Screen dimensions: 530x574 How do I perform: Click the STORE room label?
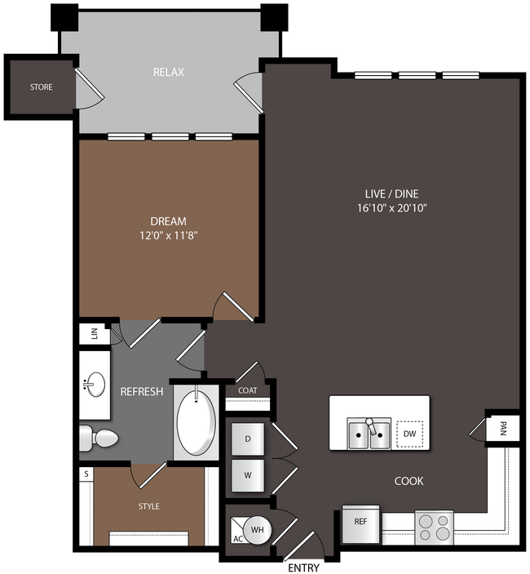pyautogui.click(x=42, y=87)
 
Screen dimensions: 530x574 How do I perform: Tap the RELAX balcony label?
pyautogui.click(x=169, y=72)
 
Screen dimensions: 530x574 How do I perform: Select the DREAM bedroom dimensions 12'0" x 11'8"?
pyautogui.click(x=169, y=235)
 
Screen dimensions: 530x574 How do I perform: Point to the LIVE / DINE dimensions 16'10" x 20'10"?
pyautogui.click(x=392, y=208)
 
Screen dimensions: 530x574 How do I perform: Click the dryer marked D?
pyautogui.click(x=248, y=438)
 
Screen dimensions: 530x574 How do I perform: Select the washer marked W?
pyautogui.click(x=248, y=475)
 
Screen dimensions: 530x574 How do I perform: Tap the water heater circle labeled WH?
pyautogui.click(x=258, y=529)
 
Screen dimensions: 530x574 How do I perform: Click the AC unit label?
pyautogui.click(x=238, y=539)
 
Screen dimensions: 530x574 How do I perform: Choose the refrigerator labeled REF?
pyautogui.click(x=360, y=524)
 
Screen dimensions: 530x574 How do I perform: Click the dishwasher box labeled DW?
pyautogui.click(x=410, y=434)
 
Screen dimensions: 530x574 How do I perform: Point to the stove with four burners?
pyautogui.click(x=435, y=527)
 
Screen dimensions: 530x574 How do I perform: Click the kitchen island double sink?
pyautogui.click(x=369, y=434)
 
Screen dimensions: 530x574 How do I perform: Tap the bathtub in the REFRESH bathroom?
pyautogui.click(x=197, y=422)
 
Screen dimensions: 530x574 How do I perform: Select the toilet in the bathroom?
pyautogui.click(x=99, y=438)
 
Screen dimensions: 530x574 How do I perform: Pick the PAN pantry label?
pyautogui.click(x=503, y=429)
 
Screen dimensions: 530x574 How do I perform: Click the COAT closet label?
pyautogui.click(x=247, y=390)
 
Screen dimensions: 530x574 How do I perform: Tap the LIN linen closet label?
pyautogui.click(x=95, y=333)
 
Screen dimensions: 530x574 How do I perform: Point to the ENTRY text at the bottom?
pyautogui.click(x=304, y=567)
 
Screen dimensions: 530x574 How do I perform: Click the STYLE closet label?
pyautogui.click(x=148, y=506)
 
